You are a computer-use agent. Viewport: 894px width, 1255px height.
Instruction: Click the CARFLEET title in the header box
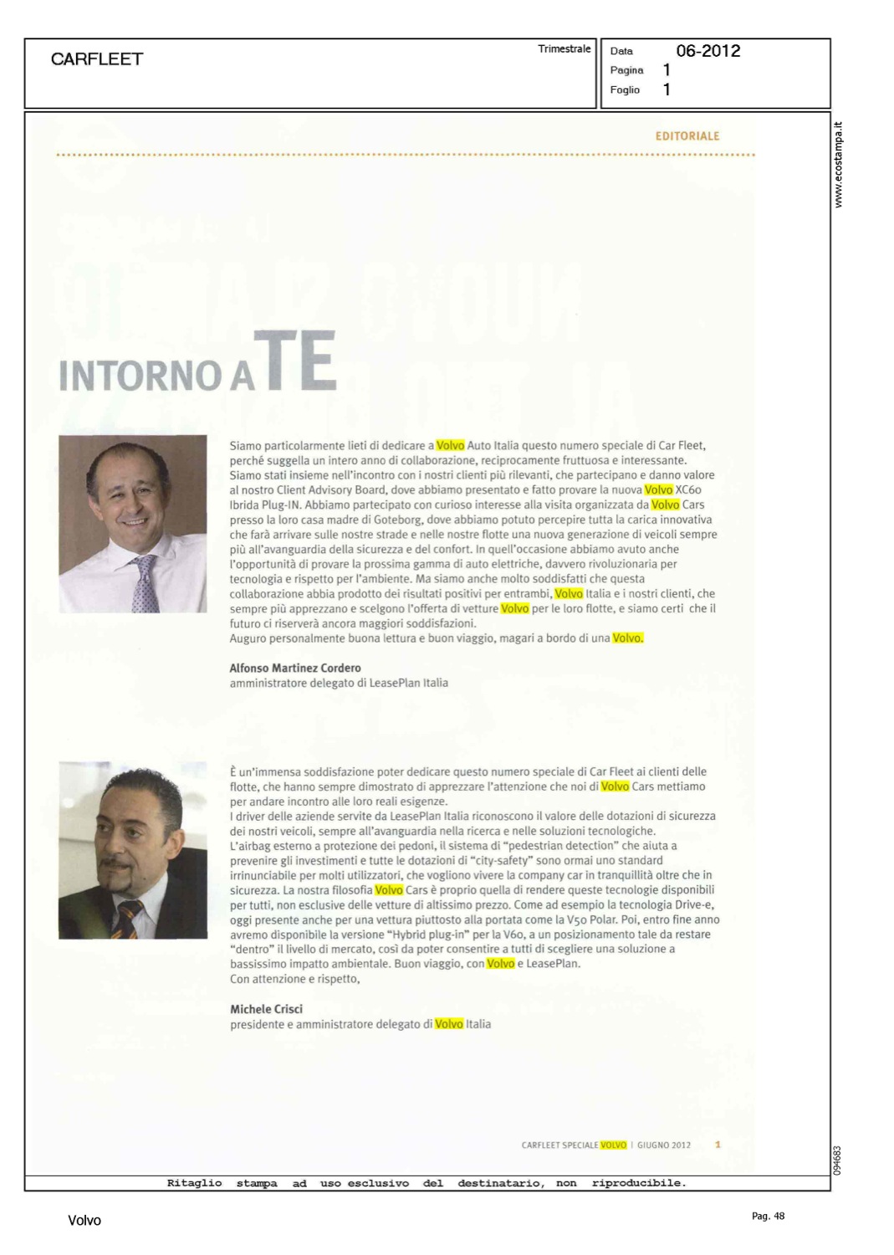coord(97,59)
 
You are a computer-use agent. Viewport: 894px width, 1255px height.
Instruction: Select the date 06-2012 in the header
coord(708,51)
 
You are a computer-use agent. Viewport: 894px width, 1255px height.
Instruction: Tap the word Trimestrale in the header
coord(564,49)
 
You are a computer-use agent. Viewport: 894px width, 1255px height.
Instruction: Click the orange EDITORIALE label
coord(687,136)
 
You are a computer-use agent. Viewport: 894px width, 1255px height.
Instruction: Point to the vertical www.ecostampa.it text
coord(839,165)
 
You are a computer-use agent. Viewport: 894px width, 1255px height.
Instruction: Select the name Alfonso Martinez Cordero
coord(295,668)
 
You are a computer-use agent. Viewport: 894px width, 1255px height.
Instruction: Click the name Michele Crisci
coord(266,1009)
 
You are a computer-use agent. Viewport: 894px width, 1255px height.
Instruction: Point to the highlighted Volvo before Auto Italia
coord(450,446)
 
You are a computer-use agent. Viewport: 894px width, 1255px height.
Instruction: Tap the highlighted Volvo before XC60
coord(658,490)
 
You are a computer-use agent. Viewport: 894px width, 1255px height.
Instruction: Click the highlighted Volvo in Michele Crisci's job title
coord(449,1024)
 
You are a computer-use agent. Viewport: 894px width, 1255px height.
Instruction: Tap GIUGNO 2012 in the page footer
coord(664,1145)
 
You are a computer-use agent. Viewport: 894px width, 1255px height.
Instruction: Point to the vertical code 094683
coord(839,1160)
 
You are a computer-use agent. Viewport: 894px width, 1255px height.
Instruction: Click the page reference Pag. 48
coord(768,1217)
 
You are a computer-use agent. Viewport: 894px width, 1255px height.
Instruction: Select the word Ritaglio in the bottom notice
coord(194,1183)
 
